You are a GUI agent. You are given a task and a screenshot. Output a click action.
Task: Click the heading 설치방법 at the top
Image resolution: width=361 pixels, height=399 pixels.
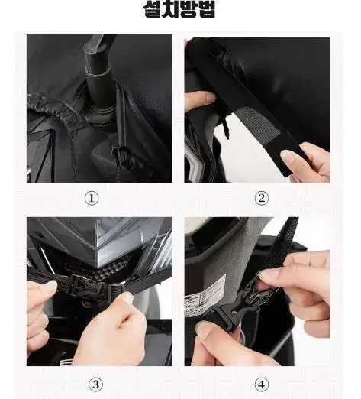coord(179,9)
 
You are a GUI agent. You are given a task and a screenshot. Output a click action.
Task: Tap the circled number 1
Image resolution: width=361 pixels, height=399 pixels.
coord(92,198)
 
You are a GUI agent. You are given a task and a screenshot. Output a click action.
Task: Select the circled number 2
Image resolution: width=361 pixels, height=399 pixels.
coord(262,198)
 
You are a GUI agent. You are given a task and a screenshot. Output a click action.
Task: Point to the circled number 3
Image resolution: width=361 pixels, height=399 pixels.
coord(95,384)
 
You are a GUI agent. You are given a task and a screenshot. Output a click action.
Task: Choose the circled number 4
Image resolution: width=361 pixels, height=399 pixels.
coord(262,384)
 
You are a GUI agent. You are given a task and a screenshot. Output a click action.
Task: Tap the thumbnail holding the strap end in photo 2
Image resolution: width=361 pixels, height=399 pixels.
coord(288,155)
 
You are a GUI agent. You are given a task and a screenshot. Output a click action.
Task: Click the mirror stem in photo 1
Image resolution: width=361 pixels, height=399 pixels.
coord(98,74)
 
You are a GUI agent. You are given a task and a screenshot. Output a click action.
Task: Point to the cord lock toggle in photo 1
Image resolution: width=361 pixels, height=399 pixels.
coord(121,155)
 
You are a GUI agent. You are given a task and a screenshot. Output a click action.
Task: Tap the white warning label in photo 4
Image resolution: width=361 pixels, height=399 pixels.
coord(205,296)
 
